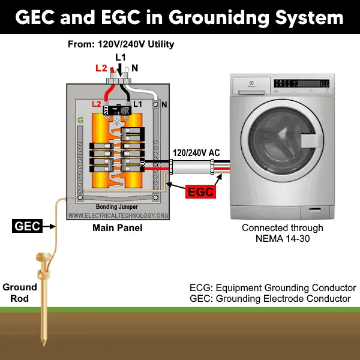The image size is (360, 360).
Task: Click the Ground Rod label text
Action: tap(20, 292)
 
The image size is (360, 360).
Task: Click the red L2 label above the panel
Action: tap(101, 69)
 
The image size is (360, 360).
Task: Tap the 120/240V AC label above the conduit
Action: tap(196, 152)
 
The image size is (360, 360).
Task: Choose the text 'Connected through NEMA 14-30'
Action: tap(282, 233)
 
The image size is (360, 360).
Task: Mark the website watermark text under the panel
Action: tap(117, 215)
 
